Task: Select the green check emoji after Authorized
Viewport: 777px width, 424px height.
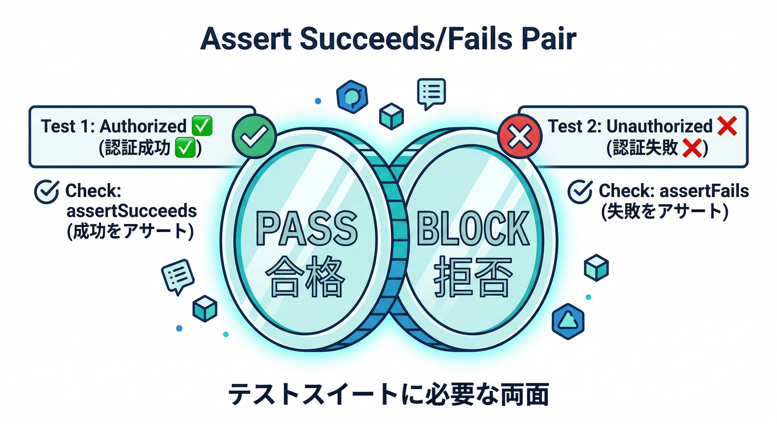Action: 201,126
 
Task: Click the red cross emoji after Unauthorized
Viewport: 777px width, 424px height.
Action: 727,126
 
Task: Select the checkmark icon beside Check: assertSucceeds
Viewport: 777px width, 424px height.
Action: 47,192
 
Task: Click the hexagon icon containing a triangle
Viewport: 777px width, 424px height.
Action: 568,319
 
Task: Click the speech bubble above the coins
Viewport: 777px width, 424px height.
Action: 431,92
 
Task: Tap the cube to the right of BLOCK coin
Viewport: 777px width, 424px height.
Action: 596,267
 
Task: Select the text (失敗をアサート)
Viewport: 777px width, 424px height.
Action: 662,211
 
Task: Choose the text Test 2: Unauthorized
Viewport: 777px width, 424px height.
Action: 630,126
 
